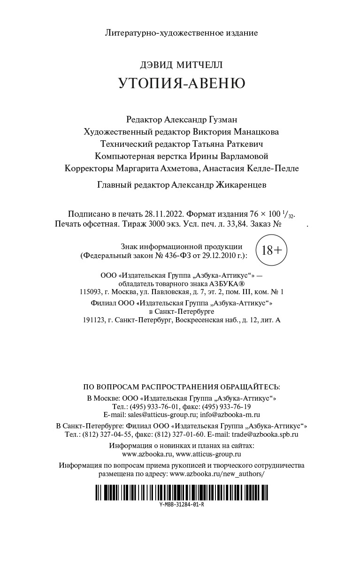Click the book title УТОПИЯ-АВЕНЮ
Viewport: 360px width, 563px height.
click(x=182, y=83)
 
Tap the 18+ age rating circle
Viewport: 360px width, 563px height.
click(x=272, y=250)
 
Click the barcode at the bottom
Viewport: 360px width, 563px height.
click(x=182, y=493)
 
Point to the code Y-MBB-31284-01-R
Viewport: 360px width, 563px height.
click(x=182, y=505)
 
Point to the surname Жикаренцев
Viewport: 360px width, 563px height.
click(x=240, y=185)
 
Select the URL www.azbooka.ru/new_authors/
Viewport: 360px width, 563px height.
click(x=216, y=474)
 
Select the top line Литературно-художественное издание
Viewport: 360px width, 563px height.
click(x=182, y=33)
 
